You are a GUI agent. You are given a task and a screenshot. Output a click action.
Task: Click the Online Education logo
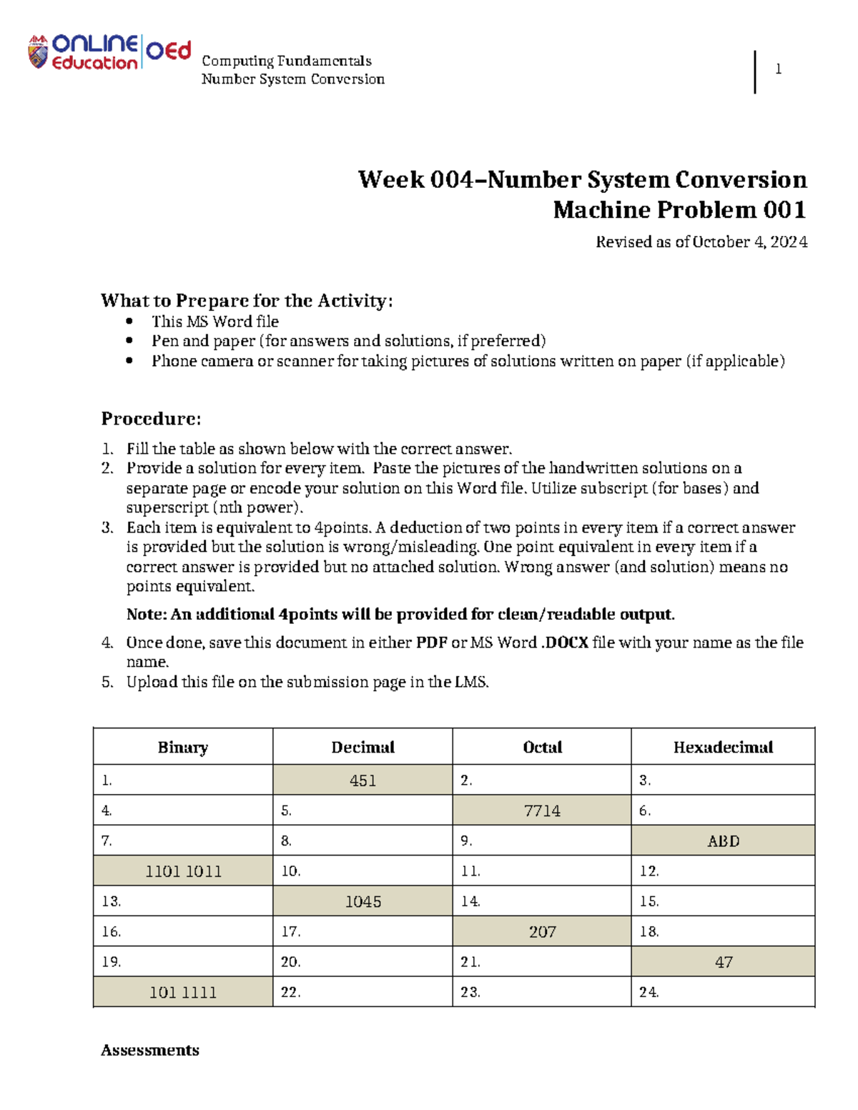point(109,52)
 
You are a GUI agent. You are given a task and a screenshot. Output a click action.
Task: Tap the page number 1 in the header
point(778,69)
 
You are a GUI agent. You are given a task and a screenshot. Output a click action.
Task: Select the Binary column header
point(183,748)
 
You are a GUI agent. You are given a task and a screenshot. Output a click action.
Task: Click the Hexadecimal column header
point(723,748)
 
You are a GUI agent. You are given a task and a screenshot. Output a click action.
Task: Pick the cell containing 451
point(363,781)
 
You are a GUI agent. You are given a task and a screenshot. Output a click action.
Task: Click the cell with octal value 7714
point(542,811)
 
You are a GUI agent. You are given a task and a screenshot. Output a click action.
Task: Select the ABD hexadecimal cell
point(723,841)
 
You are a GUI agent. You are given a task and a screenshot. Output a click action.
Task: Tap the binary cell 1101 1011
point(183,871)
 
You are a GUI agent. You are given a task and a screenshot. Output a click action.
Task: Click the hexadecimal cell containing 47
point(723,962)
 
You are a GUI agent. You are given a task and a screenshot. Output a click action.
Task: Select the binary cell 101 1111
point(183,992)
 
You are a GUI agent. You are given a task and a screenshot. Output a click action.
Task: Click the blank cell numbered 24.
point(723,992)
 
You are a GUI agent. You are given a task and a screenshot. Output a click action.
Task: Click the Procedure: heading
point(151,418)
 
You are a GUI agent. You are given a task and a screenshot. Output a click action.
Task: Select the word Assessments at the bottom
point(150,1050)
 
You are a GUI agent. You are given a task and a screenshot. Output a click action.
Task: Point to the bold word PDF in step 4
point(432,643)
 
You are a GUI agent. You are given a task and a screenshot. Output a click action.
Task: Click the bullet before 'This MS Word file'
point(129,322)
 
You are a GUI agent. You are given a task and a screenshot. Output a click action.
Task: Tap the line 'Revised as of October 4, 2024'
point(701,242)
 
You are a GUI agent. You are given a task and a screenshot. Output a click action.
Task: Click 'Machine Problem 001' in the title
point(679,210)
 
